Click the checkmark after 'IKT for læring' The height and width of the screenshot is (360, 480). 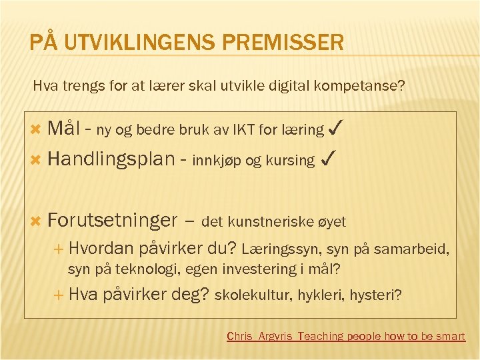point(337,128)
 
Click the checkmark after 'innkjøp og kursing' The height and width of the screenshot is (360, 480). point(327,159)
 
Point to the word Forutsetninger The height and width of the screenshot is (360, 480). point(113,220)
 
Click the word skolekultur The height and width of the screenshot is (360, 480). point(253,295)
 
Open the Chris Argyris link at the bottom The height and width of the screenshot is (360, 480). point(345,336)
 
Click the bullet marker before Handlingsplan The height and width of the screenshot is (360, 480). point(37,160)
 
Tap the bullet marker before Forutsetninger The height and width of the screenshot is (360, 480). point(37,221)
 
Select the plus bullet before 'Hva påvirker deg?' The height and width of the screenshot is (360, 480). point(58,294)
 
